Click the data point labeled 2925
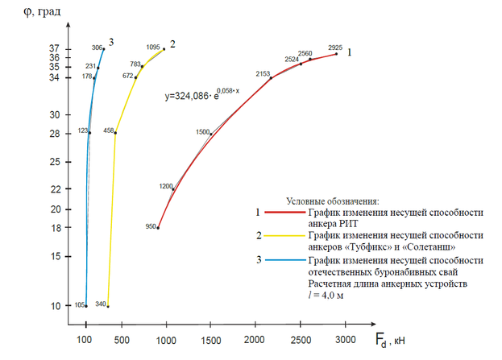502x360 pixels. tap(336, 53)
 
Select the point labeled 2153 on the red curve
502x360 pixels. tap(271, 77)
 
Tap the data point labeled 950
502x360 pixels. tap(158, 228)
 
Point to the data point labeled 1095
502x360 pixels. tap(164, 49)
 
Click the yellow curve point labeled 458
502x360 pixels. tap(115, 133)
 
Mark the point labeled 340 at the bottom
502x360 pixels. tap(108, 306)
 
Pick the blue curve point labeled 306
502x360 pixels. tap(104, 49)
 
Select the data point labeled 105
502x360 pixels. tap(86, 306)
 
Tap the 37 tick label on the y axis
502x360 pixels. tap(53, 49)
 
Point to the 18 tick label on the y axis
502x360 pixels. tap(53, 228)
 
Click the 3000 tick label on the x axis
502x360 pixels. tap(346, 341)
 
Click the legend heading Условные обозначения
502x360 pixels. tap(333, 201)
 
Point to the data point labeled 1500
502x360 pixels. tap(211, 134)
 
